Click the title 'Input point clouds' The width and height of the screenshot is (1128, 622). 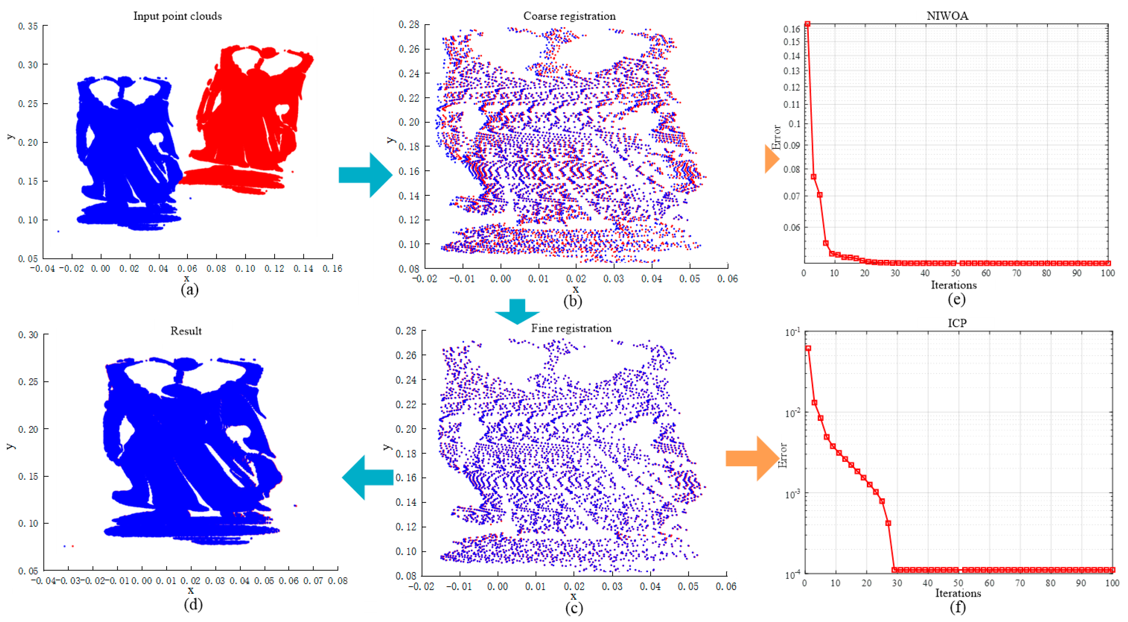[x=177, y=16]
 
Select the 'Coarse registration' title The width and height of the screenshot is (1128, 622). [x=569, y=16]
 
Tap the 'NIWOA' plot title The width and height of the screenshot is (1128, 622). [x=947, y=16]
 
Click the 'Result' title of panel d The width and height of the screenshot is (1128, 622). [x=186, y=331]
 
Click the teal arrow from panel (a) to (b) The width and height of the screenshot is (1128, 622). [x=365, y=175]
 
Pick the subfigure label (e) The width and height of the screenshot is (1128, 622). [x=956, y=300]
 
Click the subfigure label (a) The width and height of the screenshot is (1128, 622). [x=190, y=289]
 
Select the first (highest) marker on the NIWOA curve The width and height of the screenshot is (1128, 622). [x=807, y=24]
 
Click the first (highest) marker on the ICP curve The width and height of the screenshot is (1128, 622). [x=808, y=348]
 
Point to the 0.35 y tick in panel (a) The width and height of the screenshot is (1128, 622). [x=28, y=26]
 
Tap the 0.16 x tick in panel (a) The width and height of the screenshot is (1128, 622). [x=332, y=269]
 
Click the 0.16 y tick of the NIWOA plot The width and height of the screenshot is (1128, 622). [x=792, y=29]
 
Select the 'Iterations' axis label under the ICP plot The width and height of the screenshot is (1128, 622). [x=958, y=593]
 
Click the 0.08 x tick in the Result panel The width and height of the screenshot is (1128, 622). [x=338, y=581]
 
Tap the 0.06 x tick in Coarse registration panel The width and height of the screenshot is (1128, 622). [x=727, y=279]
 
